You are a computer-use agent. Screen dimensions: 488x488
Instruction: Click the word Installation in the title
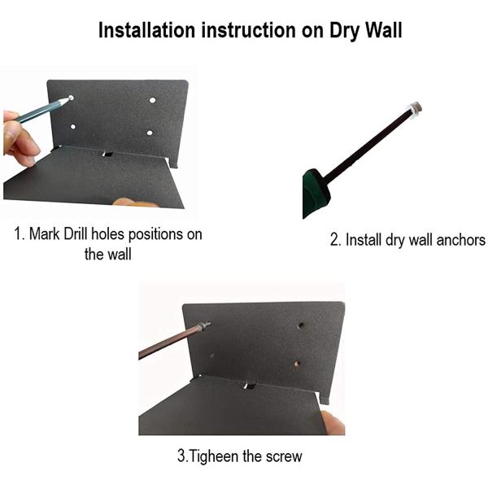coord(146,31)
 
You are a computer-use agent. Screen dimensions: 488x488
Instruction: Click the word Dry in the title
coord(344,32)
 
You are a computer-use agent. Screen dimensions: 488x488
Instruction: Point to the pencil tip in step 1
coord(71,98)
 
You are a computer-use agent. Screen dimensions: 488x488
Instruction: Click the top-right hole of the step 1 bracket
coord(153,100)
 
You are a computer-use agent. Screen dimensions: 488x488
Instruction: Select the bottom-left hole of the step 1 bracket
coord(73,127)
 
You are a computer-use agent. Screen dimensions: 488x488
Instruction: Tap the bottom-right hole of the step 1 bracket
coord(150,133)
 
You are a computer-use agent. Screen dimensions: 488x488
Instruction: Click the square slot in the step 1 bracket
coord(107,154)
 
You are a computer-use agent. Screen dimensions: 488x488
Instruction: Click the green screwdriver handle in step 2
coord(315,193)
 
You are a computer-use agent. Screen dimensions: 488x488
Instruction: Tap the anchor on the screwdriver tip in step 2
coord(415,109)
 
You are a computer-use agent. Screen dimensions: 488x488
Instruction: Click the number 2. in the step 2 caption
coord(336,240)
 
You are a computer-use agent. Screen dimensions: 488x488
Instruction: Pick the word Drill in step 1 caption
coord(76,234)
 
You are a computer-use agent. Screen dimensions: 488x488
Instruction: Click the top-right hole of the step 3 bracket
coord(301,326)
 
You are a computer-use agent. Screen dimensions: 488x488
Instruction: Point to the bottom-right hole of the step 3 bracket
coord(297,364)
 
